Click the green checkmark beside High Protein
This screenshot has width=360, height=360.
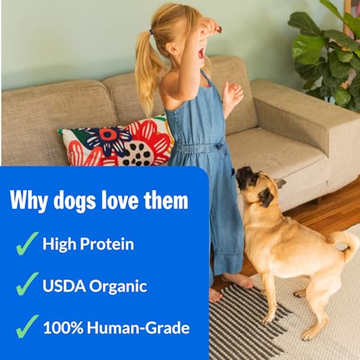[27, 243]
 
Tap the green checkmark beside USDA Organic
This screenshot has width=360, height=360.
[27, 284]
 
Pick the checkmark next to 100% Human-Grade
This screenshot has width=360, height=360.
[27, 326]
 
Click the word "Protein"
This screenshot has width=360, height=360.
[107, 244]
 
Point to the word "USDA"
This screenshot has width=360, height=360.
[64, 286]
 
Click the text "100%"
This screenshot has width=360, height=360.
[63, 328]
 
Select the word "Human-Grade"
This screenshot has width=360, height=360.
[138, 328]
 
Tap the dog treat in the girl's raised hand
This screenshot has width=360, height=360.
[218, 30]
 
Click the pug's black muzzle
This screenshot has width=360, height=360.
[243, 175]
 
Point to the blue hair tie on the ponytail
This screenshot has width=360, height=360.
[151, 32]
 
